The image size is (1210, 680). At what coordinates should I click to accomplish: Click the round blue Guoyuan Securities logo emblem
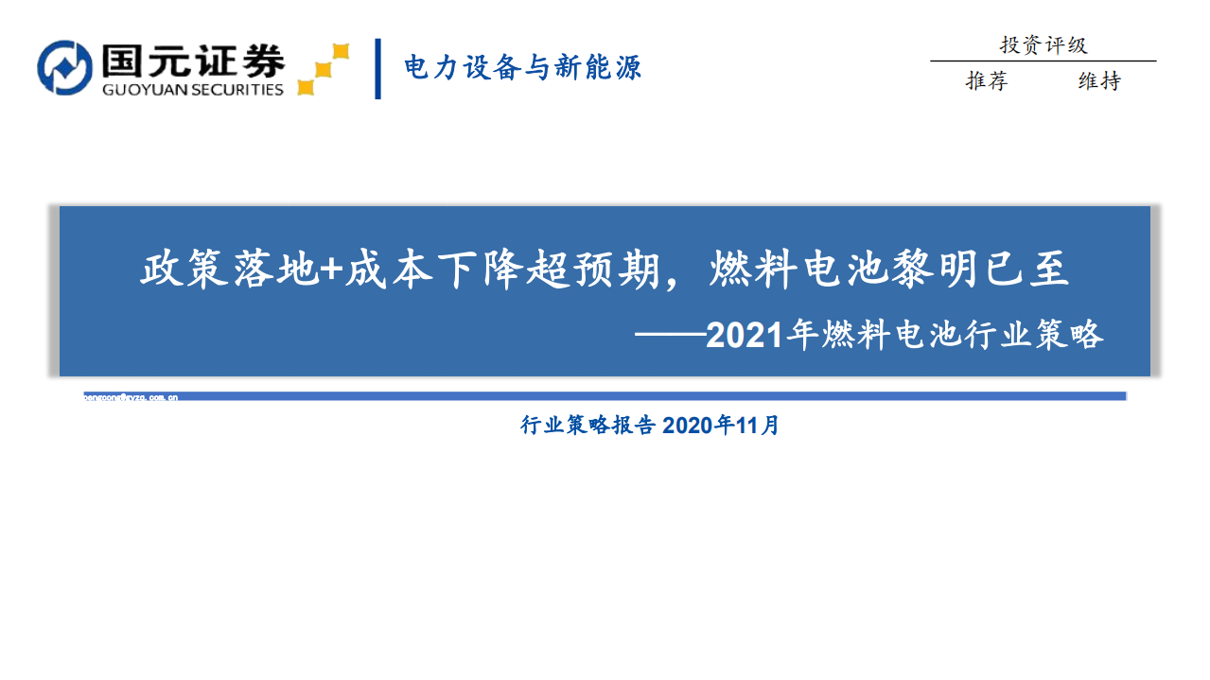[x=64, y=67]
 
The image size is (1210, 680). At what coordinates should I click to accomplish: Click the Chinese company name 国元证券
[x=189, y=60]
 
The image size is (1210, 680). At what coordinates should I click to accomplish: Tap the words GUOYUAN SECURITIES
[x=193, y=90]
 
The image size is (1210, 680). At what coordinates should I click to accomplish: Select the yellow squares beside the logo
[x=323, y=69]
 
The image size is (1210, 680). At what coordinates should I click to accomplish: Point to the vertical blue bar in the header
[x=377, y=68]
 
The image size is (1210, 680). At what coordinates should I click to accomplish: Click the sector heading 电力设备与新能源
[x=522, y=67]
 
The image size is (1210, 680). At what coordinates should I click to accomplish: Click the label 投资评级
[x=1043, y=44]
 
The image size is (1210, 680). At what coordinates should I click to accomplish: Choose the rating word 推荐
[x=987, y=81]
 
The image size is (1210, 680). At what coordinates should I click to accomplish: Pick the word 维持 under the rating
[x=1098, y=81]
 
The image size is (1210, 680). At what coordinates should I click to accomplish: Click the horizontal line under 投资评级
[x=1043, y=61]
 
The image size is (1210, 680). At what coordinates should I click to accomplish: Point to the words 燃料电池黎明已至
[x=888, y=270]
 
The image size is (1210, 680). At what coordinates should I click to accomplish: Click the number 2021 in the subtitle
[x=745, y=336]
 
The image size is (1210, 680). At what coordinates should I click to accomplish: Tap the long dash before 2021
[x=671, y=336]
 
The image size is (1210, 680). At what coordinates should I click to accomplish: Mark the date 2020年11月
[x=721, y=426]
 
